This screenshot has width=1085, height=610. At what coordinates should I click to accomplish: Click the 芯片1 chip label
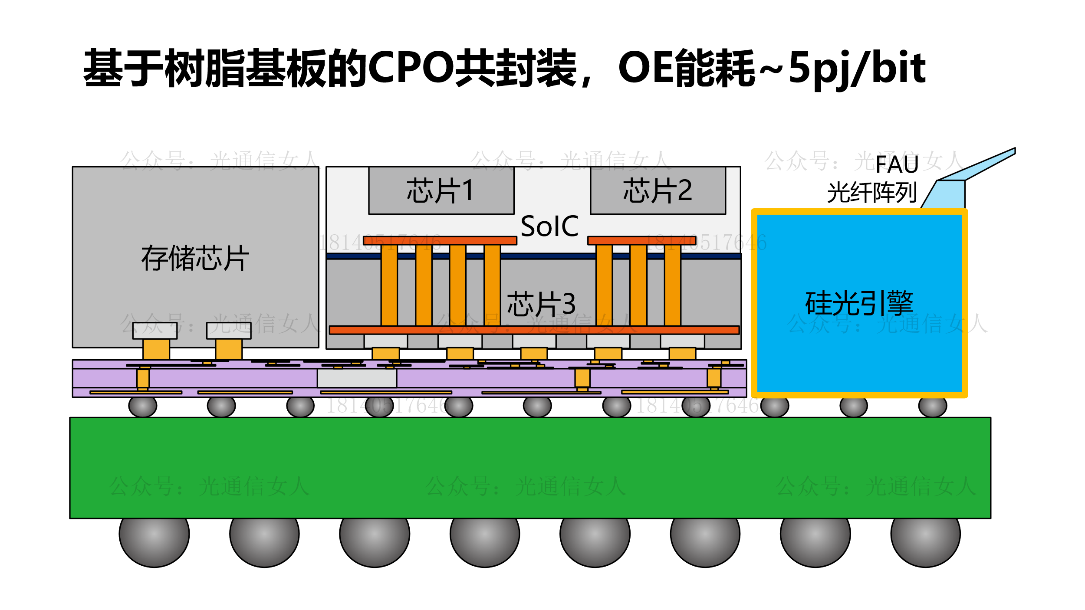[x=441, y=190]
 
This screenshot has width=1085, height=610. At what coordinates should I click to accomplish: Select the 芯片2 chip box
[x=658, y=190]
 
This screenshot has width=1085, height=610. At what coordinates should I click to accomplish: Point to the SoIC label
[x=549, y=226]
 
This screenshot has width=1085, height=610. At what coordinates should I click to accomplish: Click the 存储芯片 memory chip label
[x=195, y=258]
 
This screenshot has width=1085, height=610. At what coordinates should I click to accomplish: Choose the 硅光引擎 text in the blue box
[x=859, y=303]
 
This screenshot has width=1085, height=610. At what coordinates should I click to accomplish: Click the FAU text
[x=897, y=164]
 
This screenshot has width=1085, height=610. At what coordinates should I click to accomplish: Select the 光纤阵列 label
[x=872, y=193]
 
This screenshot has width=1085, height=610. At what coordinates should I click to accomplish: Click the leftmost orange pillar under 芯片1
[x=389, y=285]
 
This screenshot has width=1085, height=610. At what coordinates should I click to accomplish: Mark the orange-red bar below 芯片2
[x=641, y=240]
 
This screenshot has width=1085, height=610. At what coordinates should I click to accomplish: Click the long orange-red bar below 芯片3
[x=534, y=330]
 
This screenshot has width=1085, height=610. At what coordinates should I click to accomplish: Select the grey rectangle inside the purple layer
[x=357, y=378]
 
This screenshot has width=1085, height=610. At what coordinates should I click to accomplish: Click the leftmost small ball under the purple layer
[x=142, y=406]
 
